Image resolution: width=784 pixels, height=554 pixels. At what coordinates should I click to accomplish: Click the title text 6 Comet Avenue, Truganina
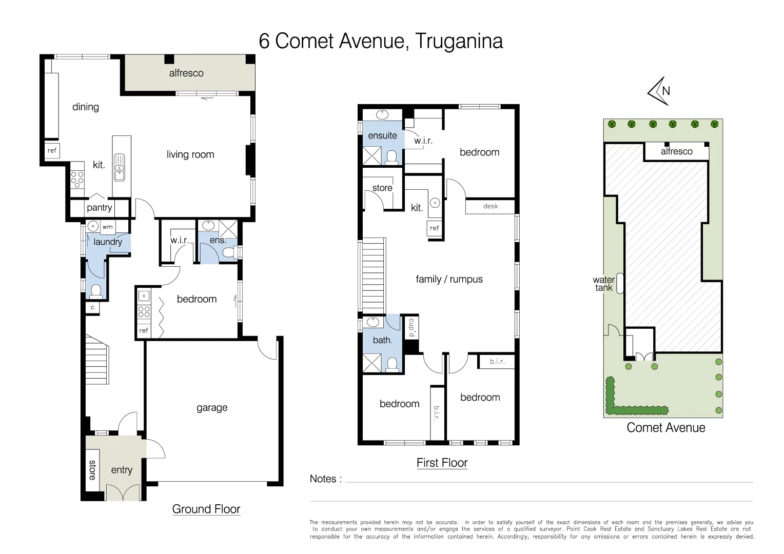coord(381,42)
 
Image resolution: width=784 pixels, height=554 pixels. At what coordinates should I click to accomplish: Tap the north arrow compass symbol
coord(660,91)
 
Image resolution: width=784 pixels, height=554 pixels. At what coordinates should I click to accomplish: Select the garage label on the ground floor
coord(212,408)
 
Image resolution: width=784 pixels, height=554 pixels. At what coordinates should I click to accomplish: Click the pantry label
coord(99,208)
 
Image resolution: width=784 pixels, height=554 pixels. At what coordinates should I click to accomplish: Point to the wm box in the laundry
coord(108,227)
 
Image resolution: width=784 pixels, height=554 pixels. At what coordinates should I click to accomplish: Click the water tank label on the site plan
coord(603,284)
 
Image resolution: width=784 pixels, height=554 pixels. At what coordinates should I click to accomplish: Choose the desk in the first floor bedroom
coord(490,206)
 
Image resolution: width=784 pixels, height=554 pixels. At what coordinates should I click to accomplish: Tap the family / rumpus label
coord(449,280)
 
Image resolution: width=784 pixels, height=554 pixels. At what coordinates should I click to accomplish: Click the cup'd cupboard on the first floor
coord(411,328)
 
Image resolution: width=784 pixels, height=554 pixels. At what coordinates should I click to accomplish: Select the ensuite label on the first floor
coord(382,136)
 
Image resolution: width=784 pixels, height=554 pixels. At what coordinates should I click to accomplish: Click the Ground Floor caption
coord(206,509)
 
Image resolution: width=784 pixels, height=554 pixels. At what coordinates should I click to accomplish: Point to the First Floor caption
coord(442,463)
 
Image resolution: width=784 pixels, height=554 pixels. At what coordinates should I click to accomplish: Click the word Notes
coord(323,479)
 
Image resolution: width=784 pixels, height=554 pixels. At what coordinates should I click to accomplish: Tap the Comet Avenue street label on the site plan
coord(665,428)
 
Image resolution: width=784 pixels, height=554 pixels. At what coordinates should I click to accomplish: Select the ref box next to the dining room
coord(52,151)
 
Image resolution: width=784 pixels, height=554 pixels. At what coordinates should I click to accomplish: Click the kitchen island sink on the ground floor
coord(119,167)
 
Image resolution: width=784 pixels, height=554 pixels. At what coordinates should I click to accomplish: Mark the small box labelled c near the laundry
coord(92,308)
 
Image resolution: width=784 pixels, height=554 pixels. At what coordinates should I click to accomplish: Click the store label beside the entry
coord(92,470)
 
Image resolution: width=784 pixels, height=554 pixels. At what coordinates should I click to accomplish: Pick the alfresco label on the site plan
coord(676,152)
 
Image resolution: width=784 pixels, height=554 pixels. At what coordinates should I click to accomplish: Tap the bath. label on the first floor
coord(382,340)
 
